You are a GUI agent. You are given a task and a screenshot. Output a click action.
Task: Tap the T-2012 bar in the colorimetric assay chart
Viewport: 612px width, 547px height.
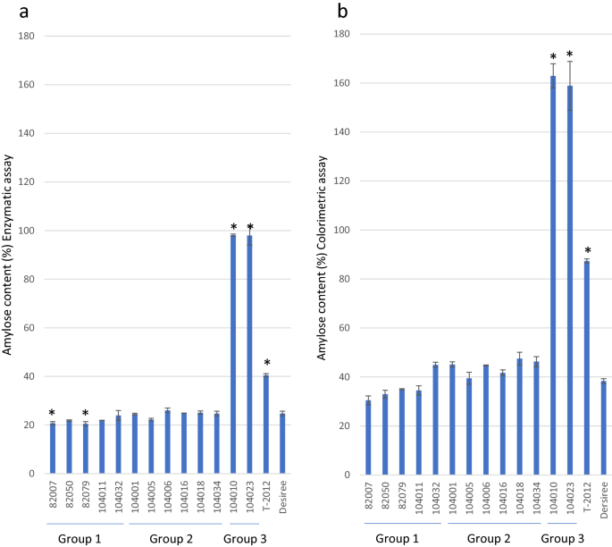587,367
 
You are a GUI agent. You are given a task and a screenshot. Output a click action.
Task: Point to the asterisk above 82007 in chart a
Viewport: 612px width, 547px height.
52,414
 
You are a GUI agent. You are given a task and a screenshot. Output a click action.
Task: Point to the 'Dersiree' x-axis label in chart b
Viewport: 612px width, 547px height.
603,497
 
